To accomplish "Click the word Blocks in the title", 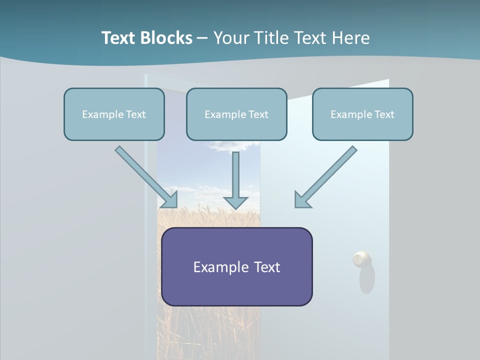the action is coord(166,38).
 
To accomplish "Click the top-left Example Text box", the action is coord(114,114).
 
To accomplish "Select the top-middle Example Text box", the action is coord(236,114).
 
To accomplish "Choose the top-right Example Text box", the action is coord(363,114).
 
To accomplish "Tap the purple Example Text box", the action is coord(237,266).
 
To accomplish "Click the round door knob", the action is coord(361,259).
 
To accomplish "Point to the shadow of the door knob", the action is coord(366,278).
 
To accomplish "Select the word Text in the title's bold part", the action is coord(118,38).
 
